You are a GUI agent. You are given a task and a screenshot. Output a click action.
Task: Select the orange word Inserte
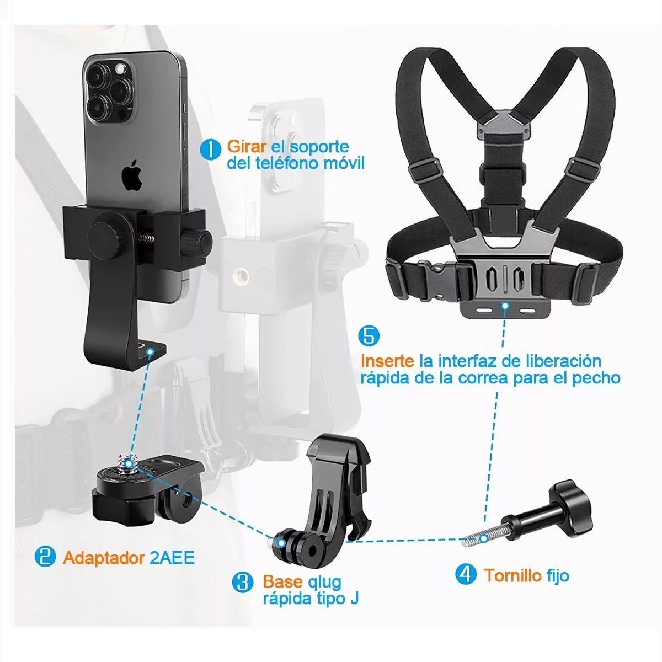(x=387, y=361)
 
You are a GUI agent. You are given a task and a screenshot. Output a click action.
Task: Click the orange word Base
(x=282, y=582)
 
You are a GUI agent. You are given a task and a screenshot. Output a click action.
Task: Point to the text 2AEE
(x=172, y=557)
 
